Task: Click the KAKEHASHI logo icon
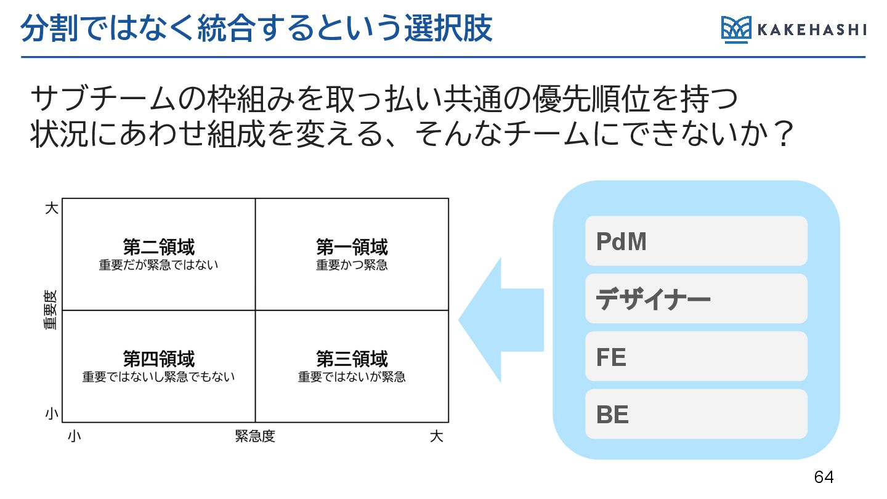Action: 736,30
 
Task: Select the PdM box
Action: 696,241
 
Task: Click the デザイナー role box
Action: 696,299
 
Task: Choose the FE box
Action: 696,356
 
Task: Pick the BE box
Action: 696,414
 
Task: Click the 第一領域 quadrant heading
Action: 352,248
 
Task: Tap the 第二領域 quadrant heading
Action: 158,248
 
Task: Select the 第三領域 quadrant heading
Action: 352,359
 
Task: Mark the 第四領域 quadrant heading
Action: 158,359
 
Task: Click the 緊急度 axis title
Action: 255,437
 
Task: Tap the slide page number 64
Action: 824,477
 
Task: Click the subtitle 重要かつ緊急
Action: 352,266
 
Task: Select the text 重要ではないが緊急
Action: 352,376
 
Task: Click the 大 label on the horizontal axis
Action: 436,437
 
